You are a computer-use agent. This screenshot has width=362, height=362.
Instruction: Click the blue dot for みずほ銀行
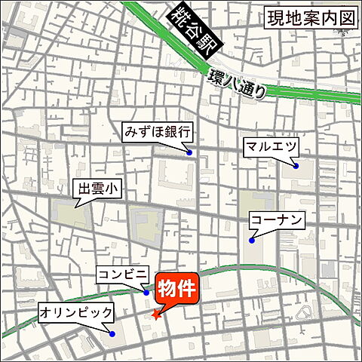[x=189, y=153]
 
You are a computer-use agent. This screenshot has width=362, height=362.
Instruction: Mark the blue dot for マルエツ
[x=296, y=166]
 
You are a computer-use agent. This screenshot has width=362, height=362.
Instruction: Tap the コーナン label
[x=278, y=221]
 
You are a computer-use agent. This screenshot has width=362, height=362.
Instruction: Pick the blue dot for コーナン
[x=252, y=241]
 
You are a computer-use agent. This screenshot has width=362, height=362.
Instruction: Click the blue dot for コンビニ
[x=146, y=292]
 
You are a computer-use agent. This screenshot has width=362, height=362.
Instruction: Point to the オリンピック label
[x=76, y=311]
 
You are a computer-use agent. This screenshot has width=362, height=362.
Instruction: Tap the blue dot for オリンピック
[x=112, y=333]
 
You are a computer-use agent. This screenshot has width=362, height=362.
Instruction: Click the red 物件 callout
[x=176, y=288]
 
